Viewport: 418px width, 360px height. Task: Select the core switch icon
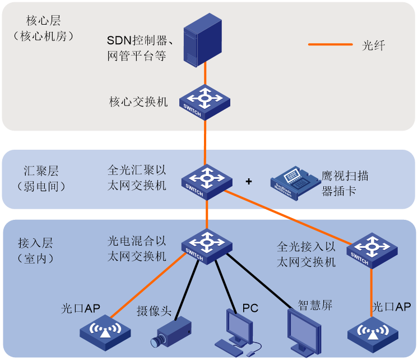coord(205,101)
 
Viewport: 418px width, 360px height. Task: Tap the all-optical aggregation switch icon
coord(207,181)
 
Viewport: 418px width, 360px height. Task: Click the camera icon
coord(171,331)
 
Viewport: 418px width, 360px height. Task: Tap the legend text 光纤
coord(373,45)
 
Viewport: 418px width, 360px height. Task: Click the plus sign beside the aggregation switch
coord(249,182)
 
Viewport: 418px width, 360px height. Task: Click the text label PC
coord(250,308)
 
